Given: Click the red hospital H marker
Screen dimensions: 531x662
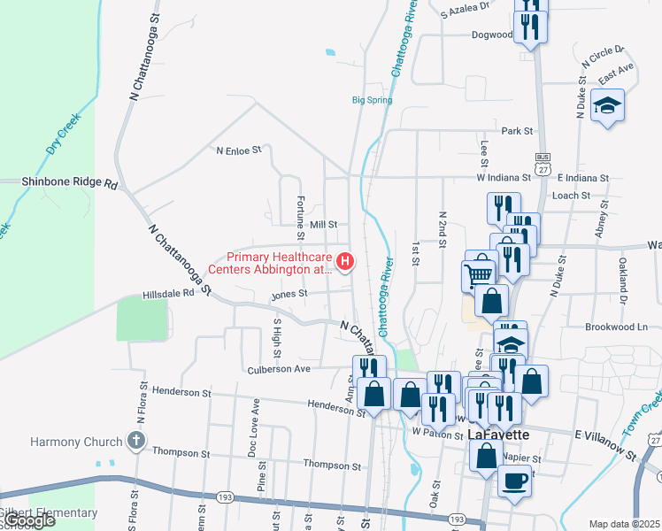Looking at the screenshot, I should (x=346, y=262).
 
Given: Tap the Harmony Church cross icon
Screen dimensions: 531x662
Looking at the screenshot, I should (x=135, y=441).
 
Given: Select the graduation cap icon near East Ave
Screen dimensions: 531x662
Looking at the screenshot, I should (x=607, y=107).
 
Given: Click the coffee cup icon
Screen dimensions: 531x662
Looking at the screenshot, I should (x=514, y=481).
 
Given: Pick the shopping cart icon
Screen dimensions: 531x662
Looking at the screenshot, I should (x=480, y=272).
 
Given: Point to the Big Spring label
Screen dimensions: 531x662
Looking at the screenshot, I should (x=372, y=100).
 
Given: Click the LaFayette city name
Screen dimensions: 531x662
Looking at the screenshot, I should (x=498, y=434).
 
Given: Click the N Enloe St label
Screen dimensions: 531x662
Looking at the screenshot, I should (x=239, y=150).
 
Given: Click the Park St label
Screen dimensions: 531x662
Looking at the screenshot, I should (x=516, y=131).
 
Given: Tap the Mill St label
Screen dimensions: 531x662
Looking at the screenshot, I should (x=324, y=226).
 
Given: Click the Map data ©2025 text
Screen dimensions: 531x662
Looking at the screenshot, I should (x=624, y=524).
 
